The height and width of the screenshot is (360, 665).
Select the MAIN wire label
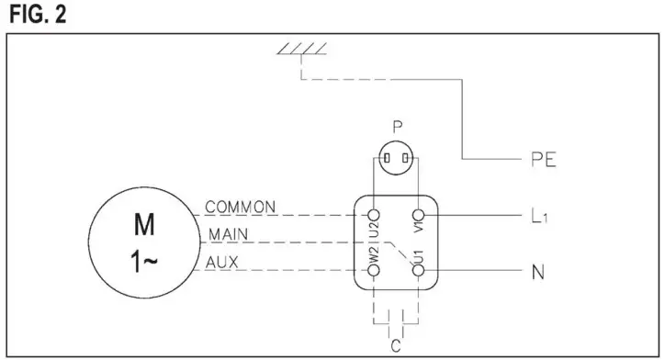click(x=227, y=234)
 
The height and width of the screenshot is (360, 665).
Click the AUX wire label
click(x=223, y=262)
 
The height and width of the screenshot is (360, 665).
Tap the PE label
click(x=545, y=160)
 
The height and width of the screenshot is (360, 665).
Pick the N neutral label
click(x=538, y=272)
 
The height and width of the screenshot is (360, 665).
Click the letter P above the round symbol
click(x=396, y=127)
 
